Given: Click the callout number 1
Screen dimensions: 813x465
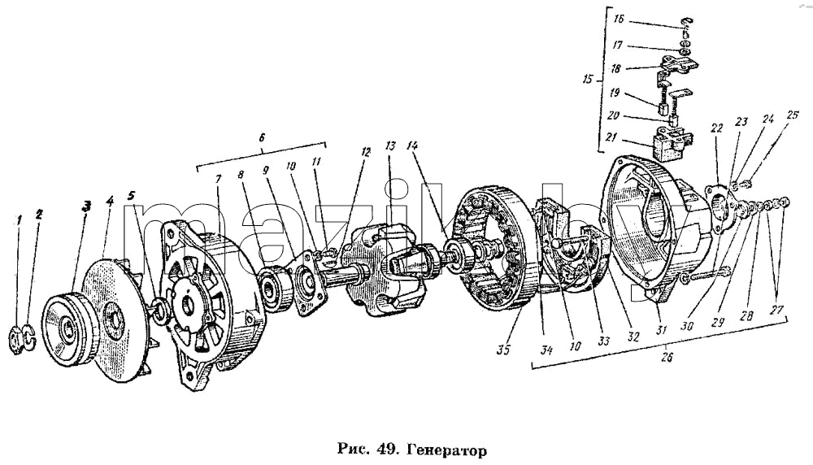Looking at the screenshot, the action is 20,220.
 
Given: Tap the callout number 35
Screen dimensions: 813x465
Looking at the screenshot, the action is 503,350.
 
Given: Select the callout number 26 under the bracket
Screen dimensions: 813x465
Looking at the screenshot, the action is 667,357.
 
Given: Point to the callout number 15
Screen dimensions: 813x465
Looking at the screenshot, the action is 587,80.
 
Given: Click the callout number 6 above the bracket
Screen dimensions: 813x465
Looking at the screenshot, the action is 262,137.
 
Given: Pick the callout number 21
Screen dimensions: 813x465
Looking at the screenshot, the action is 612,138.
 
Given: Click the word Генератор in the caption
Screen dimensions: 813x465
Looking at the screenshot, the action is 447,450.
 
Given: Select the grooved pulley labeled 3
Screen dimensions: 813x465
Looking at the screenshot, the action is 67,330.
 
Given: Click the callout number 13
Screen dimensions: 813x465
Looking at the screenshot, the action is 390,146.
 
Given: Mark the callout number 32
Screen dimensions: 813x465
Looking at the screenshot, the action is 633,337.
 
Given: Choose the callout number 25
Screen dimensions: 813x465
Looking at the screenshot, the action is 792,114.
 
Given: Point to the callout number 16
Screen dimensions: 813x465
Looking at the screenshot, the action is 619,20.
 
